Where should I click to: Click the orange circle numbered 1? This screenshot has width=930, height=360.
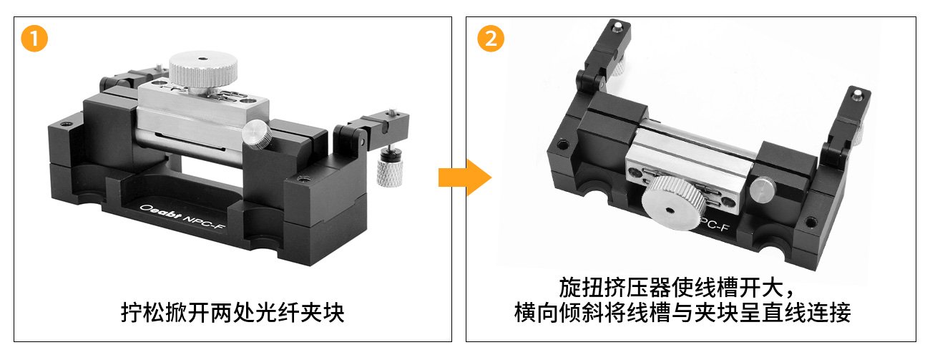[x=34, y=39]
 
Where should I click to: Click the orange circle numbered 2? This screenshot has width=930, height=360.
[x=491, y=39]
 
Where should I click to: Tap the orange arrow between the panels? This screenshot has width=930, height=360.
[x=465, y=177]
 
